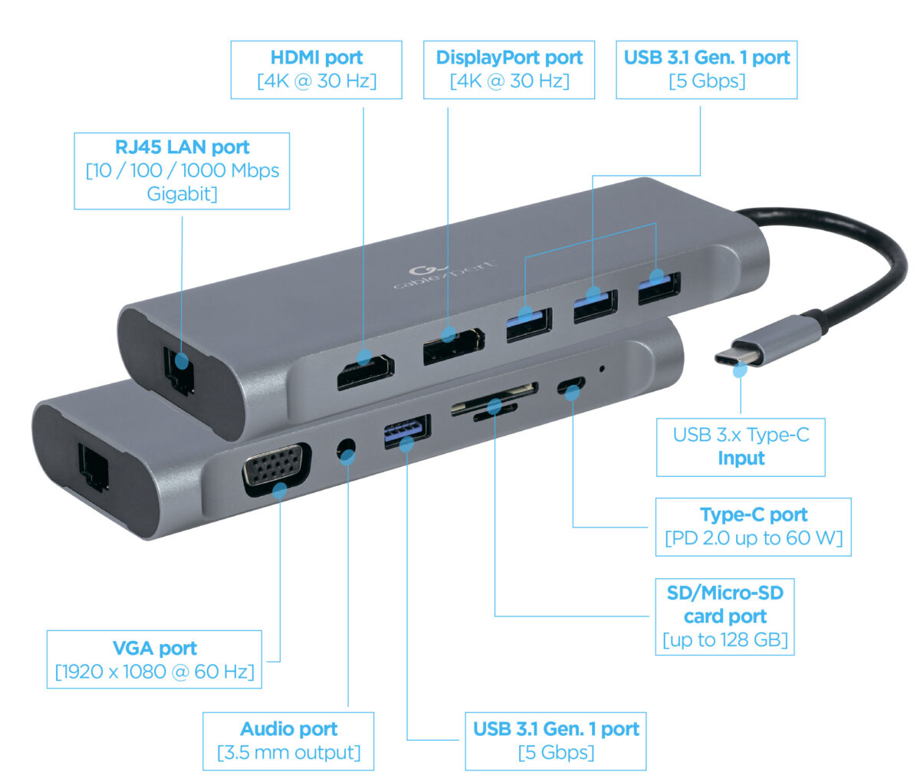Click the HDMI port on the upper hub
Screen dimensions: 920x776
tap(365, 373)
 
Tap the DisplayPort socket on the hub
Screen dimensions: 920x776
tap(454, 347)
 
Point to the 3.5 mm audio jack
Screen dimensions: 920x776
tap(347, 449)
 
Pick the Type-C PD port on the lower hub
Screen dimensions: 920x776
tap(571, 385)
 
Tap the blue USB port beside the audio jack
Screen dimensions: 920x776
tap(407, 432)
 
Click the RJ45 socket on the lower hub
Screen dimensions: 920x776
tap(93, 467)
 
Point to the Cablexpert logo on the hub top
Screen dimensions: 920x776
tap(444, 276)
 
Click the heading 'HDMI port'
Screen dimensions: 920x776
tap(317, 58)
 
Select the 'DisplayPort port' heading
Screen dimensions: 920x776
tap(509, 58)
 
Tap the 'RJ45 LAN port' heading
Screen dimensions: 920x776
tap(182, 147)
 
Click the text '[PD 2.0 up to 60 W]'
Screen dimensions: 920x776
tap(754, 538)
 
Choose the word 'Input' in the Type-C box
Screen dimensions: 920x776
tap(741, 458)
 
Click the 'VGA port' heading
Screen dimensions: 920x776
tap(155, 648)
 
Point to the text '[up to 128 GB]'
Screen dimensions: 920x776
tap(724, 640)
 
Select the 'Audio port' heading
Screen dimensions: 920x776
tap(288, 729)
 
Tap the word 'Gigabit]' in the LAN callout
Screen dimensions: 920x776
tap(182, 194)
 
